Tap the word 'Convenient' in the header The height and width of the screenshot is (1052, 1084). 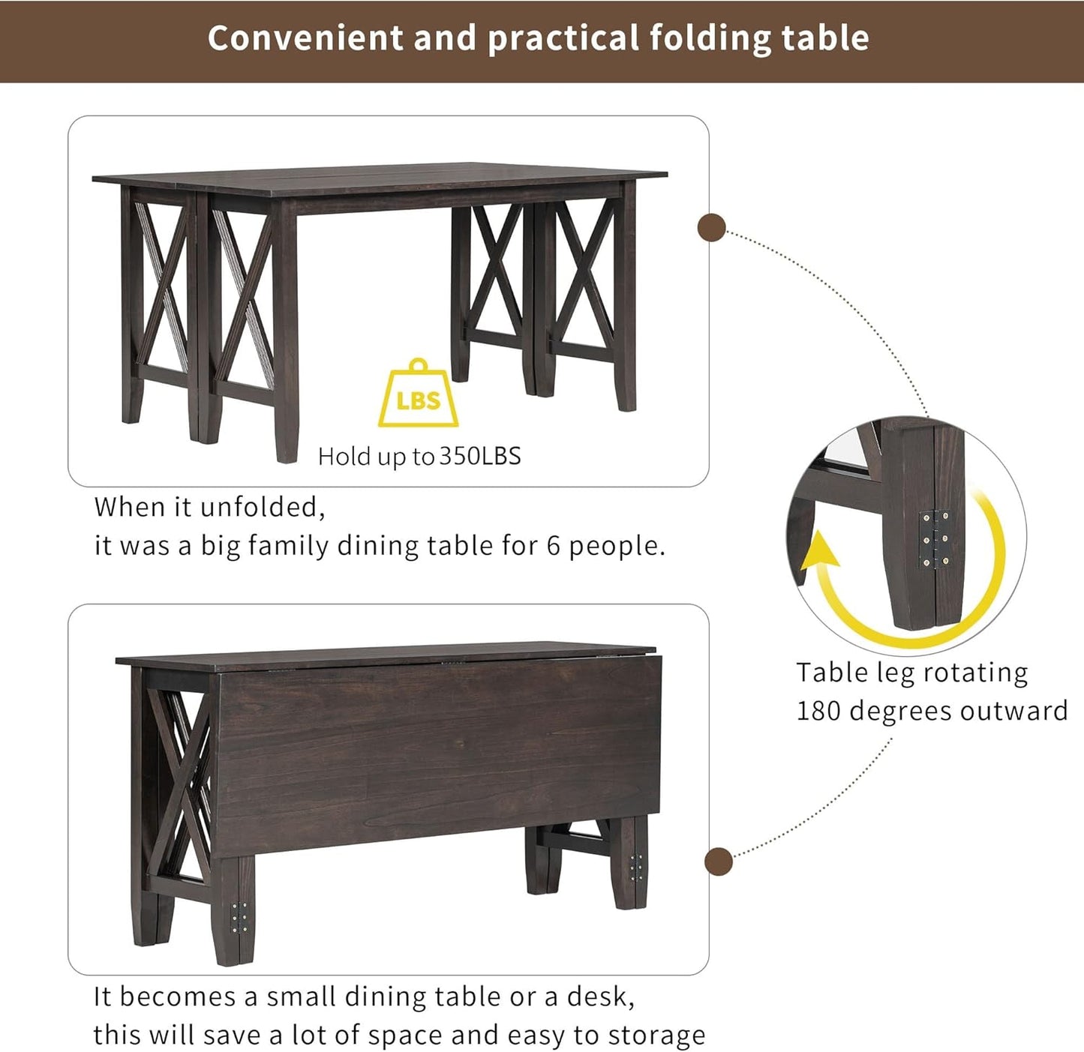(305, 38)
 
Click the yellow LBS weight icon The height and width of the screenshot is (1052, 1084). (418, 395)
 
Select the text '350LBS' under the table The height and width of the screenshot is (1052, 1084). (479, 456)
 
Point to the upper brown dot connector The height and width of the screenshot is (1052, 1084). (711, 228)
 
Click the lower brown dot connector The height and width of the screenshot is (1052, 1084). (719, 862)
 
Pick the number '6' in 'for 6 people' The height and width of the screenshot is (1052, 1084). (554, 546)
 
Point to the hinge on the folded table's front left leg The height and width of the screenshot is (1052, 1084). (239, 918)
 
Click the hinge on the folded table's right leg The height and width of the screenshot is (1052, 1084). (637, 867)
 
